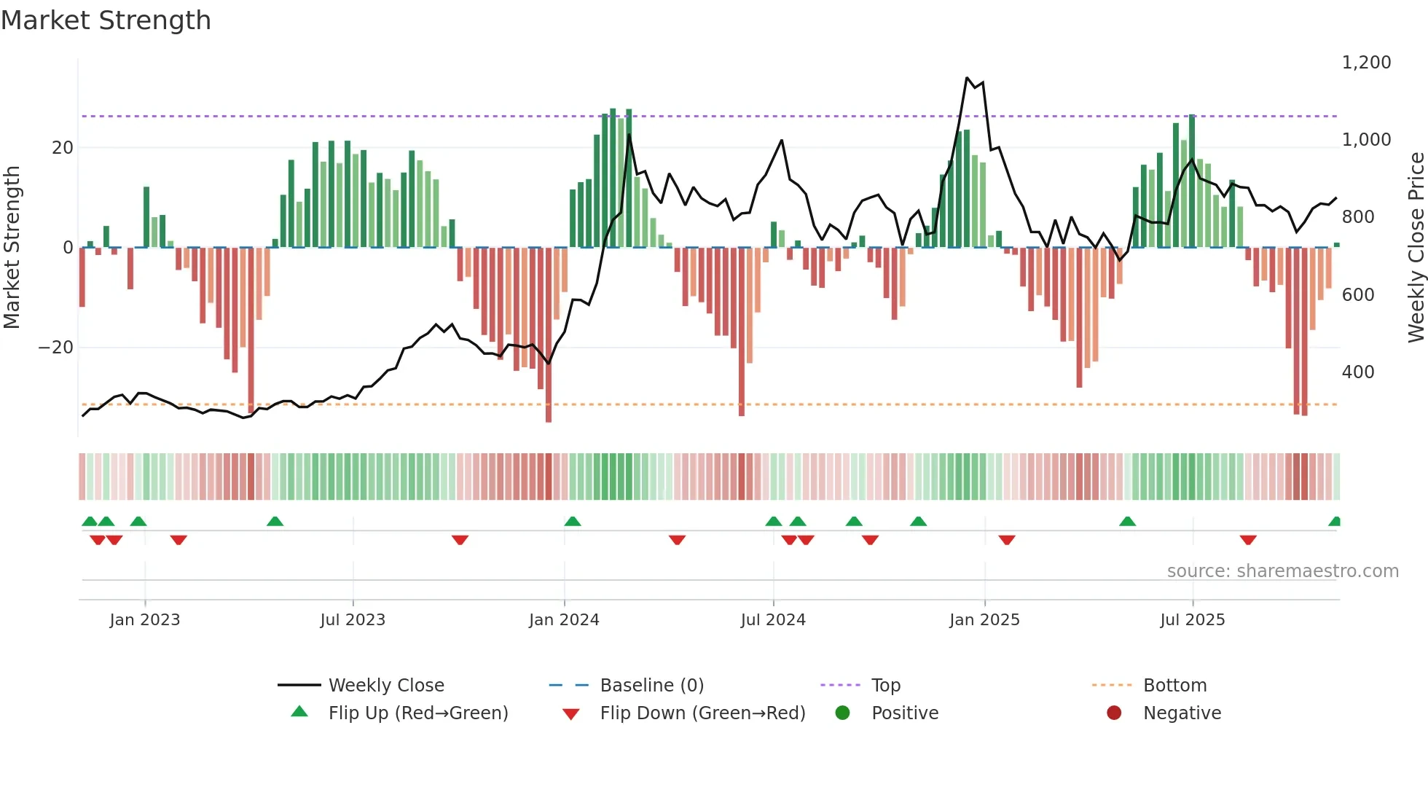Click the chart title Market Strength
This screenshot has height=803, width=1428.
(x=106, y=20)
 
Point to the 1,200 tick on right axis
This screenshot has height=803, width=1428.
(x=1366, y=63)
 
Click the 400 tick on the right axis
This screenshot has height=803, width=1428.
(x=1358, y=372)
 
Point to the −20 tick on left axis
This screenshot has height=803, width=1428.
(x=56, y=348)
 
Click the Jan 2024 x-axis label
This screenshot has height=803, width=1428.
(x=564, y=620)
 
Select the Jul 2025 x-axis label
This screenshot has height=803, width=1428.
(x=1192, y=620)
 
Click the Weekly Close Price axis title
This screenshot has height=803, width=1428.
(x=1416, y=247)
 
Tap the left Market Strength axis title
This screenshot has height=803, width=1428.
(x=12, y=247)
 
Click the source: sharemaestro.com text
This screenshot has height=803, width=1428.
(x=1282, y=571)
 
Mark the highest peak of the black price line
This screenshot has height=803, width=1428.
(x=967, y=77)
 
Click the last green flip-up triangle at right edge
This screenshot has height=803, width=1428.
(x=1335, y=521)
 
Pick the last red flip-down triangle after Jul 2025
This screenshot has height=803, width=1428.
(x=1248, y=540)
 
